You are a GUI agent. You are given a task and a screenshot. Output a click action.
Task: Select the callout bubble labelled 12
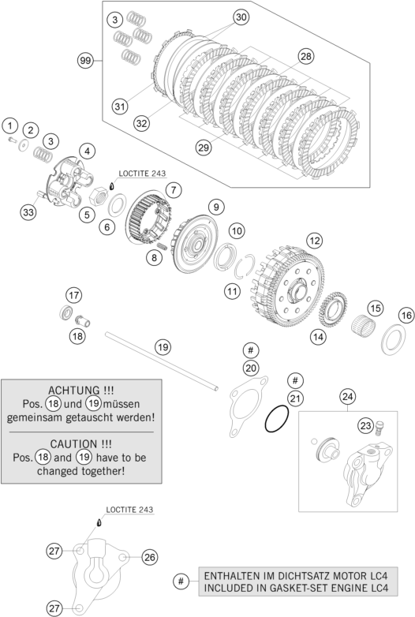click(x=314, y=239)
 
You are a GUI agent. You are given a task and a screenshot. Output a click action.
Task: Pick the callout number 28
click(x=306, y=55)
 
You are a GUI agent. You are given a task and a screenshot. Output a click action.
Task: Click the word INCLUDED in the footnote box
click(x=234, y=589)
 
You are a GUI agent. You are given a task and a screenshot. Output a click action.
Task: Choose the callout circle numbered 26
click(x=149, y=557)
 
